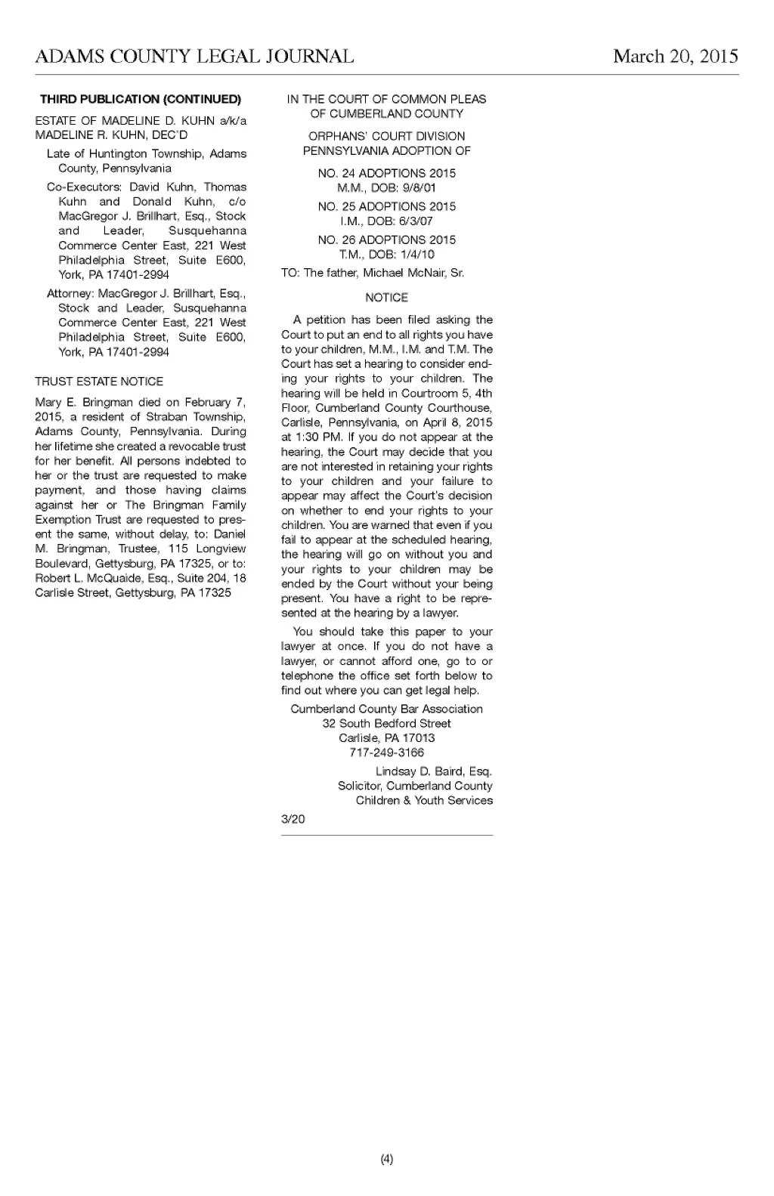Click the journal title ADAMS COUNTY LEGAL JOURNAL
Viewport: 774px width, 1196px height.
(x=193, y=57)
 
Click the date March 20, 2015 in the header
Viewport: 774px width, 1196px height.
(x=675, y=57)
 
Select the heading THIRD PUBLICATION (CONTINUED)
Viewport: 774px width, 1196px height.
(x=141, y=99)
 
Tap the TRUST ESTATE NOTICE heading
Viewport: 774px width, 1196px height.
(x=99, y=382)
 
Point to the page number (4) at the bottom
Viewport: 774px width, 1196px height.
(x=387, y=1160)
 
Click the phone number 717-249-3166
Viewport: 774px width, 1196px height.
(x=386, y=753)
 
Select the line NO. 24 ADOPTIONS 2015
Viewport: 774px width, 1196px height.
(x=386, y=173)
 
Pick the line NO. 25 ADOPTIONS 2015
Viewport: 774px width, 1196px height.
(x=386, y=206)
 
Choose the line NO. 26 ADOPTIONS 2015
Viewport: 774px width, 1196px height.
(x=386, y=240)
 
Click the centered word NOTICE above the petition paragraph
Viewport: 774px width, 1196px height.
(x=386, y=298)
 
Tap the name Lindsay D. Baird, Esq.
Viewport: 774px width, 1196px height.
(x=433, y=771)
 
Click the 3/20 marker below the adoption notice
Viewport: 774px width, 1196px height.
(x=293, y=819)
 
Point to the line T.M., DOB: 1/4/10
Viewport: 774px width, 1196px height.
(x=386, y=255)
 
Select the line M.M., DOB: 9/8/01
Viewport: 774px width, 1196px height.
(x=386, y=188)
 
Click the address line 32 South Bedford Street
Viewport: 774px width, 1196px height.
(x=386, y=723)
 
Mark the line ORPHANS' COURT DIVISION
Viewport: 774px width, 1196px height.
(x=386, y=136)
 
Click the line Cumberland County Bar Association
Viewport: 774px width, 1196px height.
(x=386, y=709)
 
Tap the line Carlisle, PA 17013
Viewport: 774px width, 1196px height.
(x=386, y=738)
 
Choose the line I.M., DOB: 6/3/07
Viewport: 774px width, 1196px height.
(x=386, y=221)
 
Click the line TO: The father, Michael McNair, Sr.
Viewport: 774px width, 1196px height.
(x=373, y=273)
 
